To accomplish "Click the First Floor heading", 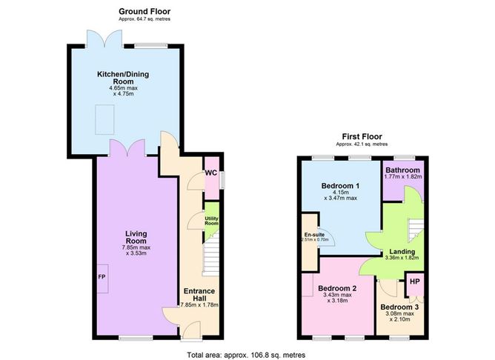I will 361,136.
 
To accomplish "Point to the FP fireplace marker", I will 102,277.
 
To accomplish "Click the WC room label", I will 211,173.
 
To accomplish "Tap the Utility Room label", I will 212,221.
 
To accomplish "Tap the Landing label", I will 402,252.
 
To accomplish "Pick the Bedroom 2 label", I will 337,288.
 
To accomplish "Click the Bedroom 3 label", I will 399,307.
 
